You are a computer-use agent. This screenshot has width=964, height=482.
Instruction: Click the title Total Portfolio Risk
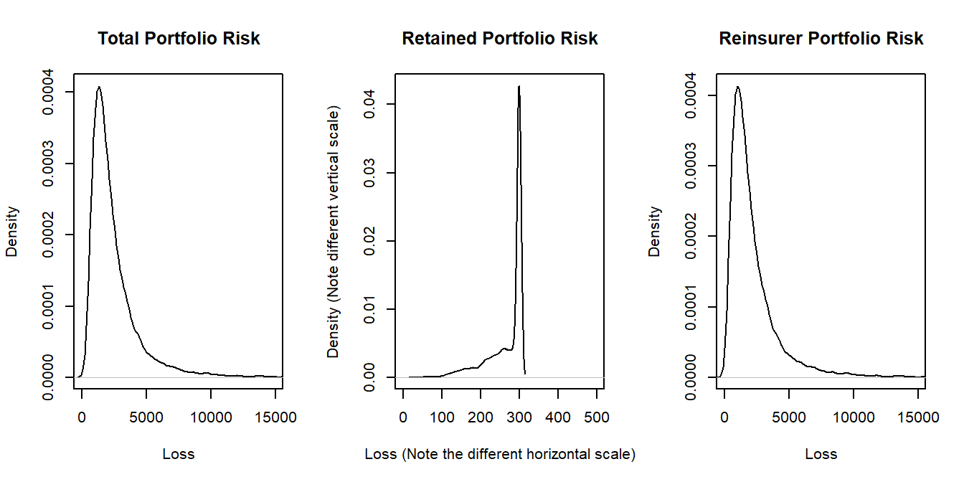[179, 38]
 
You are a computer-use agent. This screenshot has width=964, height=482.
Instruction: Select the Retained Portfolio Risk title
[500, 38]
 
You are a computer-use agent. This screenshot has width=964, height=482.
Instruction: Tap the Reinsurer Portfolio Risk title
[821, 38]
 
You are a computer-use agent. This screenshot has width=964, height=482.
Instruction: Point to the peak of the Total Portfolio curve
[99, 87]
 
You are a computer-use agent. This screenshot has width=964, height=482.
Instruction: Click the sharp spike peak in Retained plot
[519, 86]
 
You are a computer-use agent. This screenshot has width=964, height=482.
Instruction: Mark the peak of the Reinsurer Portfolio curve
[737, 87]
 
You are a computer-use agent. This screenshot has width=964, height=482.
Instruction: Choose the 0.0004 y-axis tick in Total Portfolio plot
[49, 93]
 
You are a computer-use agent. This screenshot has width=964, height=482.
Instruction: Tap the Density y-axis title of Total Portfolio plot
[12, 232]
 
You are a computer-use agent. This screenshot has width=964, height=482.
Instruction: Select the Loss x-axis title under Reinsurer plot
[821, 454]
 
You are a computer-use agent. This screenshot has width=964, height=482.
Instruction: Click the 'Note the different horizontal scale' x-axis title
[500, 454]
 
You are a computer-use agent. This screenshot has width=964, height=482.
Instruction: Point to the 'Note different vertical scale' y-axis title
[334, 232]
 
